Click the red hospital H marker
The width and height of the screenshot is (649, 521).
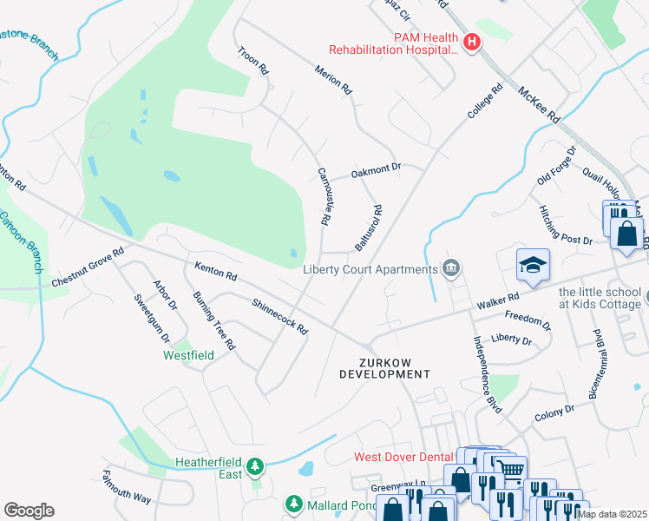472,42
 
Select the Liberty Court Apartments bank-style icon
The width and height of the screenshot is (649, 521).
450,268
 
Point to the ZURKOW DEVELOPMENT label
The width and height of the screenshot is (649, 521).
383,367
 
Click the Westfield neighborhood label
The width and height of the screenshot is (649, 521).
188,355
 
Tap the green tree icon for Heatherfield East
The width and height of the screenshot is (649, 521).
254,468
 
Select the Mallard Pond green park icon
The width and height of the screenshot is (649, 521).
293,504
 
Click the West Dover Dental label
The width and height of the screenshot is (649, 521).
403,457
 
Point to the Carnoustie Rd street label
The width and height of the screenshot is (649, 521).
325,197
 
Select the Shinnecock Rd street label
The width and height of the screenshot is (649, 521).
279,317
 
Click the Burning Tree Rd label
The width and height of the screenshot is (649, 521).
214,320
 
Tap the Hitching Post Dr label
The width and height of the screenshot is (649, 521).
566,226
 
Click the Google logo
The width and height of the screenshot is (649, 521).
29,510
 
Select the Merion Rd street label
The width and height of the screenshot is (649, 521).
334,80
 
